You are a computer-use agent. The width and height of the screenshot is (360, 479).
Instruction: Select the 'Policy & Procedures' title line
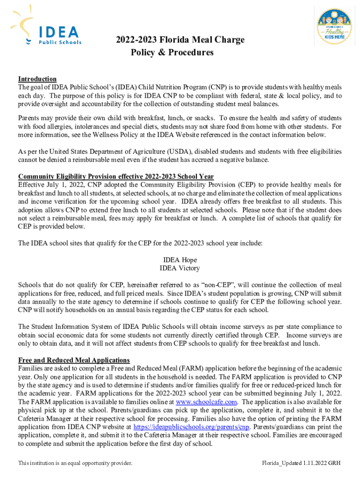(172, 52)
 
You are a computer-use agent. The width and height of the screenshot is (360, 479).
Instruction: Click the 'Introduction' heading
(37, 79)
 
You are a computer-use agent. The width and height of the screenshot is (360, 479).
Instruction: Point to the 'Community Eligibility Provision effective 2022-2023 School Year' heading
(116, 176)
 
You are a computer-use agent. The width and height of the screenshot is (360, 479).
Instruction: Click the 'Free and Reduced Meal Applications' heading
(74, 360)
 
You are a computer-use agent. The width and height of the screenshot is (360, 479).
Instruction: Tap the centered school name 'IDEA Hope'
(180, 260)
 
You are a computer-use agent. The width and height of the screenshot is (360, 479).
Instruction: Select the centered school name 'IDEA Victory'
(180, 268)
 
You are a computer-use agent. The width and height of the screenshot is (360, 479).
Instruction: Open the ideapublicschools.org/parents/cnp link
(191, 427)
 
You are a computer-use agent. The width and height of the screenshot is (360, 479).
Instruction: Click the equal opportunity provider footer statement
(75, 463)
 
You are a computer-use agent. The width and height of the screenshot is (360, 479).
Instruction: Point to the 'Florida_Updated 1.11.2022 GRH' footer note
(301, 463)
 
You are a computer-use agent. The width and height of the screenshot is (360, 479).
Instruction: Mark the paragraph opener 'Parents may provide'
(45, 118)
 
